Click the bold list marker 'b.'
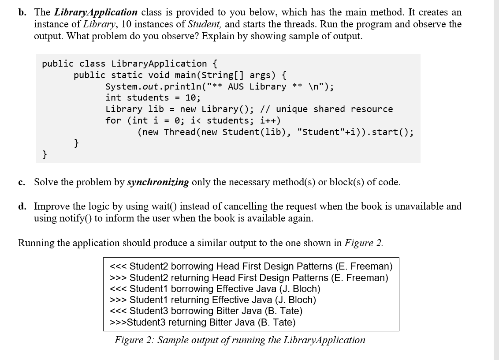coord(22,12)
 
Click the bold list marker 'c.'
coord(21,183)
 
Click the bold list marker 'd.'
coord(22,206)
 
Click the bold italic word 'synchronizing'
coord(158,182)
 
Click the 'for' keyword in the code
coord(113,121)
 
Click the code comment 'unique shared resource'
coord(335,109)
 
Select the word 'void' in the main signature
coord(159,75)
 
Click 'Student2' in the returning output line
coord(149,278)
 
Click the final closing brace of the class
coord(45,155)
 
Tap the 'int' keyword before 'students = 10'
coord(113,97)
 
